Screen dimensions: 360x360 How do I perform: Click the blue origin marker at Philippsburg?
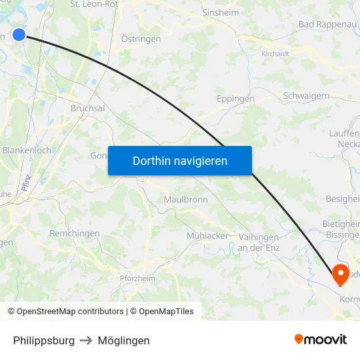coord(20,34)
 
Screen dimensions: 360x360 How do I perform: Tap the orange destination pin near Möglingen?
coord(340,273)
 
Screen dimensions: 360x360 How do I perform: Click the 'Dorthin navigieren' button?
coord(180,160)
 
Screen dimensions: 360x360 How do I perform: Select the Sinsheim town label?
coord(221,12)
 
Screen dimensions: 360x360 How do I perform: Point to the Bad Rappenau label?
coord(328,24)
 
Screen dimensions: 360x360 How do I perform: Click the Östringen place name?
coord(141,39)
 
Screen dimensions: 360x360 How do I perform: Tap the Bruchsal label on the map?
coord(87,108)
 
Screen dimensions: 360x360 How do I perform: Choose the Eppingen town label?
coord(235,99)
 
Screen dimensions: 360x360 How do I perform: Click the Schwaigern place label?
coord(306,96)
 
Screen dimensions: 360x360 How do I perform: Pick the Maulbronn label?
coord(186,199)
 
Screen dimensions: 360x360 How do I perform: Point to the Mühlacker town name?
coord(207,236)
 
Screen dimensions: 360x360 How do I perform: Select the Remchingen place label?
coord(75,234)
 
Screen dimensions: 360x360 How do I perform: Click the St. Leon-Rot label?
coord(94,4)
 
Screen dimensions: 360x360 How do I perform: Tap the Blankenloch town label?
coord(27,150)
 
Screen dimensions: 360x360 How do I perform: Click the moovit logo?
coord(321,340)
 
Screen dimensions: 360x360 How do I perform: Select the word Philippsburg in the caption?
coord(44,340)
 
